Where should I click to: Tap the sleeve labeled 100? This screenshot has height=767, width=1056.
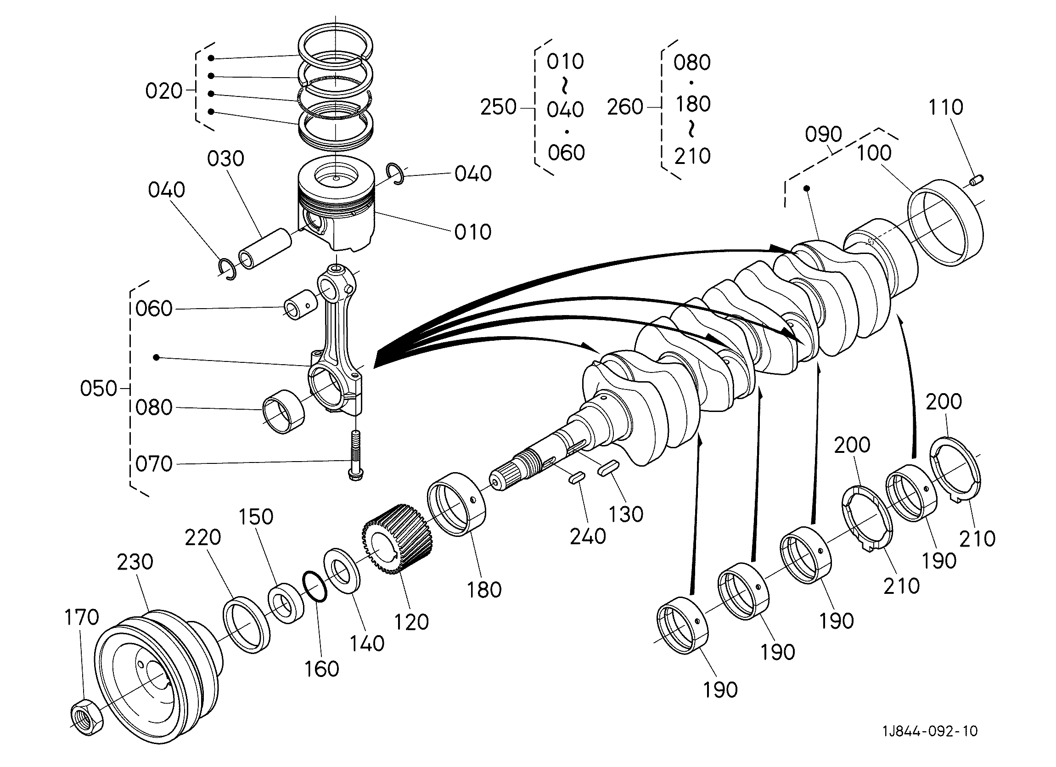[x=946, y=223]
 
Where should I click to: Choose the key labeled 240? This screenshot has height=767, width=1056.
[x=576, y=478]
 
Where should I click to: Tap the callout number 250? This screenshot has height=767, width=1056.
[x=498, y=107]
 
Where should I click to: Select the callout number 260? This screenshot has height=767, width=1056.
[x=625, y=107]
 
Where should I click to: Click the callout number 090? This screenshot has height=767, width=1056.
[x=823, y=135]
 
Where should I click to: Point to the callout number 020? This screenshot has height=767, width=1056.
[x=163, y=91]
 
